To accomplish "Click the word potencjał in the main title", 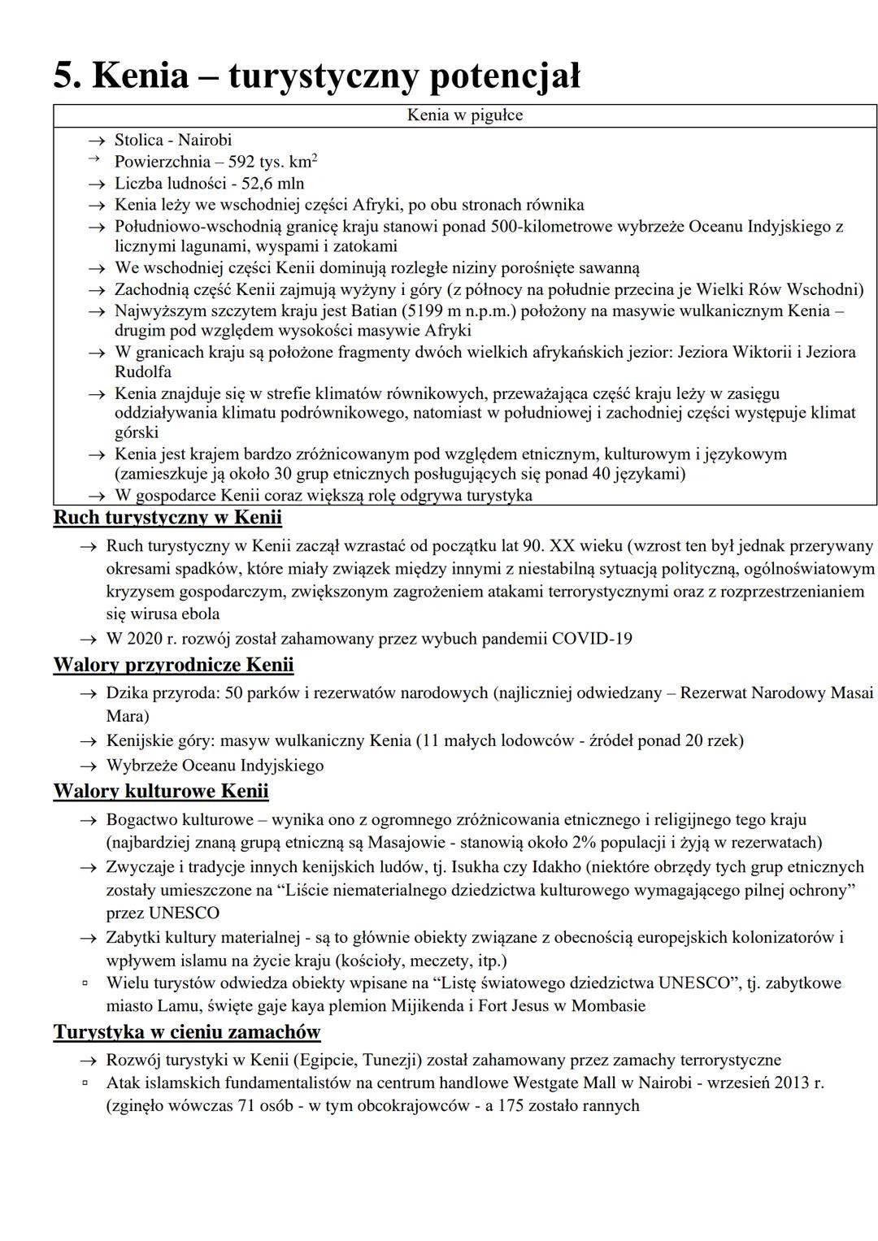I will click(504, 76).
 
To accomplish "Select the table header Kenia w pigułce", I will click(465, 115).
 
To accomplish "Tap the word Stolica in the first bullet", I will click(139, 140).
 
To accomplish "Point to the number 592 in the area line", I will click(241, 162).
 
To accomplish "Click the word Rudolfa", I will click(143, 372).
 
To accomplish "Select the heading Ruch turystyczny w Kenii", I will click(167, 518).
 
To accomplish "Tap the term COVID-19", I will click(592, 639).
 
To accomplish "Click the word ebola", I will click(199, 614).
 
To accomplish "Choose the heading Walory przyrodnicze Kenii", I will click(173, 665).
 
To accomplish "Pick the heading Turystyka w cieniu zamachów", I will click(187, 1032).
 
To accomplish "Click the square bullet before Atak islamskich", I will click(84, 1083).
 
